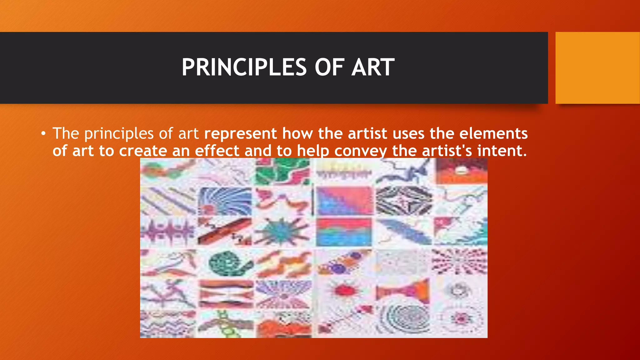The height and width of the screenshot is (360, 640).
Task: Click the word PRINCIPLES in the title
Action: coord(244,67)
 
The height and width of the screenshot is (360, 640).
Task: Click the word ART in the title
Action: coord(372,67)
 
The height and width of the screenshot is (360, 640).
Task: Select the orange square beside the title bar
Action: coord(597,68)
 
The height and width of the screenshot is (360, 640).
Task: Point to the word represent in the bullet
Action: coord(241,133)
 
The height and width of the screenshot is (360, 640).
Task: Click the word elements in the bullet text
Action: coord(493,133)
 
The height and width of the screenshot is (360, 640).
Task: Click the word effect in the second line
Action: coord(217,151)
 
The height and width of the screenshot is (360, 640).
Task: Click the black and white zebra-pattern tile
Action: coord(403,201)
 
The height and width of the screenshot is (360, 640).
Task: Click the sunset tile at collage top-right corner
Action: coord(461,171)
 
